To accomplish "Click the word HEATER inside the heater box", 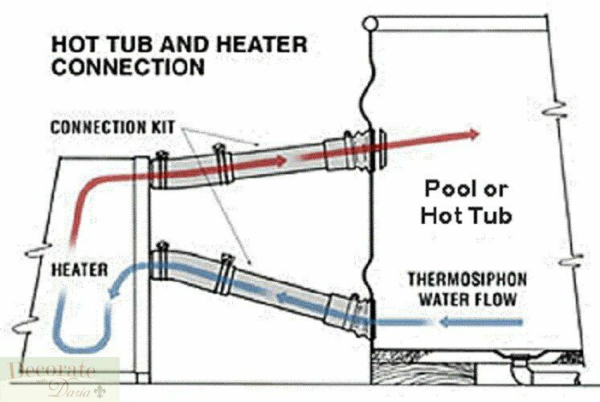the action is [80, 270].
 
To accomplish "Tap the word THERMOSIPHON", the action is [467, 279].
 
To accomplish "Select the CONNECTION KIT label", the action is [113, 128].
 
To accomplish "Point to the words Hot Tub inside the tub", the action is [466, 215].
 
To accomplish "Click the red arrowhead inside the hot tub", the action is [473, 134].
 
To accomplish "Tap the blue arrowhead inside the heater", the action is [114, 292].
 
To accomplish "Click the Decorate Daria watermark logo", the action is [59, 378].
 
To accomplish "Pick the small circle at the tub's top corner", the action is [370, 24].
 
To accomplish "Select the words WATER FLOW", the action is [467, 298].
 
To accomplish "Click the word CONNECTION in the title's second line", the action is [128, 67].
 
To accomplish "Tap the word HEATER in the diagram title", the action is [263, 44].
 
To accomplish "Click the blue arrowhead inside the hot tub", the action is [446, 322].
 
